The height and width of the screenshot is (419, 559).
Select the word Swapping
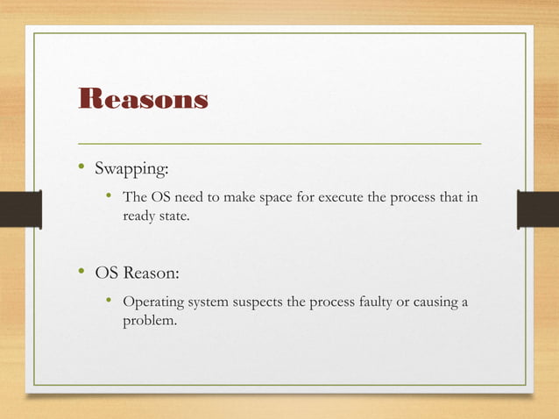tap(130, 168)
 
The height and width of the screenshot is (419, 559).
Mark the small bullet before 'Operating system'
tap(109, 302)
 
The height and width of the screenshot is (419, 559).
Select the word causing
tap(429, 303)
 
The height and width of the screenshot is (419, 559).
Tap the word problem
tap(150, 322)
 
